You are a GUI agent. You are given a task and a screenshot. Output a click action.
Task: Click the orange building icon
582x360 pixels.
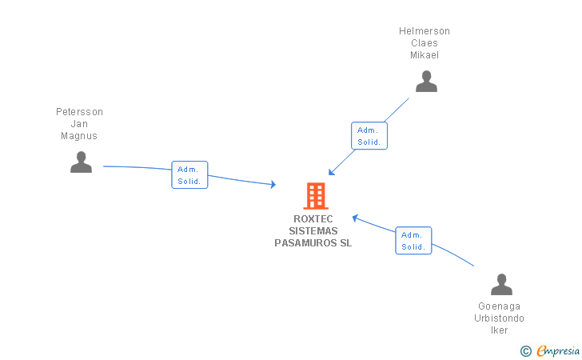click(316, 196)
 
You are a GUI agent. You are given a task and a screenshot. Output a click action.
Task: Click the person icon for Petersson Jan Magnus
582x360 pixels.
click(81, 162)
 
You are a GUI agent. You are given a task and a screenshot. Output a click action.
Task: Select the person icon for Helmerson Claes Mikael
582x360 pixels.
click(426, 82)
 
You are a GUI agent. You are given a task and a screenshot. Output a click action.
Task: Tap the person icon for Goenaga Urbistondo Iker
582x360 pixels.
click(501, 285)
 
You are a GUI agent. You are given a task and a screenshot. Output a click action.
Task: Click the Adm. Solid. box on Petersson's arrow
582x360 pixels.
click(189, 175)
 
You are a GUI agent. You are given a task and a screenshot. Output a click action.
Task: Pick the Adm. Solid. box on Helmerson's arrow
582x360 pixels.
click(369, 136)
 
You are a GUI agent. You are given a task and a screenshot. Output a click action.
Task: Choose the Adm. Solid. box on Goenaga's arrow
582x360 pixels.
click(413, 241)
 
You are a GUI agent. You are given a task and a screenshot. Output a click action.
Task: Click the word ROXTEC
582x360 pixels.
click(313, 219)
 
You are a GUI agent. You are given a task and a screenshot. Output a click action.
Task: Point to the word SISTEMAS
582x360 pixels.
click(313, 231)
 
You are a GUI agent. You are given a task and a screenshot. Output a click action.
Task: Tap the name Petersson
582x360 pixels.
click(79, 112)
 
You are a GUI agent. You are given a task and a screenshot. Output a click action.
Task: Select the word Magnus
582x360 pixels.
click(79, 136)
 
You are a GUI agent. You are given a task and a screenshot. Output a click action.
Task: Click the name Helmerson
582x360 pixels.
click(425, 31)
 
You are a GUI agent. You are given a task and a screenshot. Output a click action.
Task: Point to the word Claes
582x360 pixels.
click(425, 43)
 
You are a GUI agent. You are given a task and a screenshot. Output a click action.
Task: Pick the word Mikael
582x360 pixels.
click(425, 55)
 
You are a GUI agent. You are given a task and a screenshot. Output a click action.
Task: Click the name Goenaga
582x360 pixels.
click(500, 306)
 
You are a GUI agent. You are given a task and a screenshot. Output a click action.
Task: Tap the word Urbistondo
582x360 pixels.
click(500, 318)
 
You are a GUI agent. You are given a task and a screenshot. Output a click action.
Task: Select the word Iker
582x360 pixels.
click(500, 330)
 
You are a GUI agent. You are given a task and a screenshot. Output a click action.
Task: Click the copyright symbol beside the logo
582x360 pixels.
click(525, 350)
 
